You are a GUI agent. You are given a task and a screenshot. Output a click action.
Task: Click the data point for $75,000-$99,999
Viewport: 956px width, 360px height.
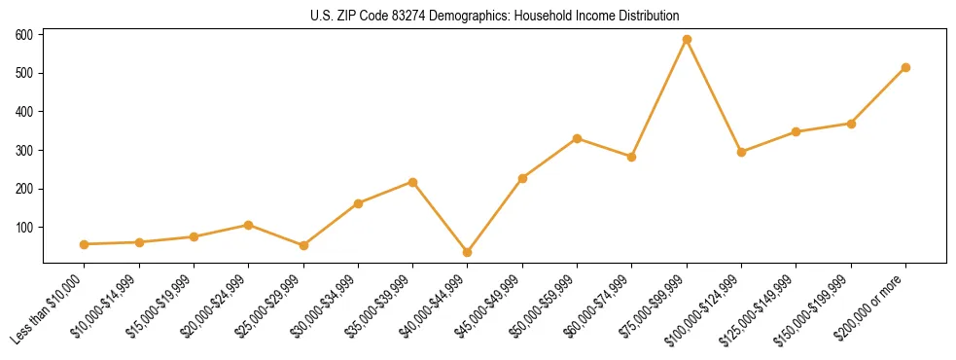(687, 40)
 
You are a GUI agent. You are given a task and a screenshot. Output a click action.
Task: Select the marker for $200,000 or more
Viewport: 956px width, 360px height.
(905, 68)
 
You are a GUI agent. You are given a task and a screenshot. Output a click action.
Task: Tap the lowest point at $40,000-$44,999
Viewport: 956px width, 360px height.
(468, 252)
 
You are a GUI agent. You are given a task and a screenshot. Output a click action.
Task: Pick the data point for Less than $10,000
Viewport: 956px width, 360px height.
(85, 244)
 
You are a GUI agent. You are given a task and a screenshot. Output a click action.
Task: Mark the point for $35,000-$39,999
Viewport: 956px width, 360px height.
(413, 182)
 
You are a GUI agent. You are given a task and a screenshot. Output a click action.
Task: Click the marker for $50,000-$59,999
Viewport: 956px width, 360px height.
(577, 138)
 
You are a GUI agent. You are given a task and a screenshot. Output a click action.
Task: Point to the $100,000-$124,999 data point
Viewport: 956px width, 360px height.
(741, 152)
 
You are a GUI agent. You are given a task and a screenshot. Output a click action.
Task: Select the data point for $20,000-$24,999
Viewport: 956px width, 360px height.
(249, 225)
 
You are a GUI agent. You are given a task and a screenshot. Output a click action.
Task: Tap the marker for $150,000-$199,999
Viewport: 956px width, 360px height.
(851, 124)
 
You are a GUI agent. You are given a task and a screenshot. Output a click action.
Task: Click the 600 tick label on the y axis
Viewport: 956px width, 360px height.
(24, 35)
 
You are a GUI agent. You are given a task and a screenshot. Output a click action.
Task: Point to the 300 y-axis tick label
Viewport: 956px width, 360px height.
(24, 150)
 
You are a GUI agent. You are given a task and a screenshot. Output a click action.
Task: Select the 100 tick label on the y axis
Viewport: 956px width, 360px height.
(24, 227)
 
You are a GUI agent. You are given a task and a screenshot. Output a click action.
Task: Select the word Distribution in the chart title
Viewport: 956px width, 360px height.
(647, 17)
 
